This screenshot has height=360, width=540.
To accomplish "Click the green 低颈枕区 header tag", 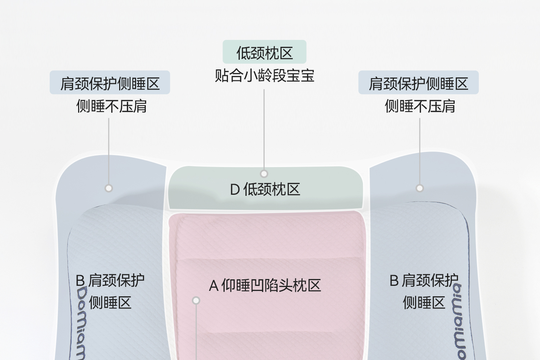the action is [264, 52].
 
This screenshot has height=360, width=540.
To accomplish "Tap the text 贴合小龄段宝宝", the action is [264, 76].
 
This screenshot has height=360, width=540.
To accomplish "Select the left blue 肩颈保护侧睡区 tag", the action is [110, 83].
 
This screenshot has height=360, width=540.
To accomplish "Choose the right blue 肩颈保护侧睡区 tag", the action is [418, 83].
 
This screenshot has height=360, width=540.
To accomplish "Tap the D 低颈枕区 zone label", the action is [265, 189].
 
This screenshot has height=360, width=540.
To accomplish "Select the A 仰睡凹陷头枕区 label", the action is [265, 286].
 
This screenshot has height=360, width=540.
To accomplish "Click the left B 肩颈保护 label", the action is [110, 280].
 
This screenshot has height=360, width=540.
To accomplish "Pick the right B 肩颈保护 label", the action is [424, 280].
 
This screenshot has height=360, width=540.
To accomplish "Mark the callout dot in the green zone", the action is [264, 174].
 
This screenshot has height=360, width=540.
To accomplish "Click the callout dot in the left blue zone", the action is [109, 188].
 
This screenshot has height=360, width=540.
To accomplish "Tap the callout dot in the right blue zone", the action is [419, 188].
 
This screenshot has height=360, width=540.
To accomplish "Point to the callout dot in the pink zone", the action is [196, 300].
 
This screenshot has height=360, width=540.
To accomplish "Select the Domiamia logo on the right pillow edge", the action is [459, 320].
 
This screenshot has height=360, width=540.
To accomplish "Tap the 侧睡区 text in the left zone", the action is [110, 303].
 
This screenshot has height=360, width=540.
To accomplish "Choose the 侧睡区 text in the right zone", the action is [424, 303].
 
